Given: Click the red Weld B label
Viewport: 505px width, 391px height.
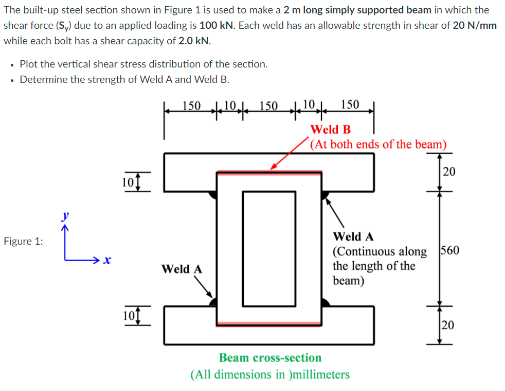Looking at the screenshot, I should pos(331,129).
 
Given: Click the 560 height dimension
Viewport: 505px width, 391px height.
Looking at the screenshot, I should pos(450,251).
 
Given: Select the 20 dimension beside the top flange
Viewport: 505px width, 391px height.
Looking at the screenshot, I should pos(448,172).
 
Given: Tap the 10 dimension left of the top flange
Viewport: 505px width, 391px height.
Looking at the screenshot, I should pos(129,182).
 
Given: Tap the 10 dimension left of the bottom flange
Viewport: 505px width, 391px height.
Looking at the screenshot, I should pos(129,315).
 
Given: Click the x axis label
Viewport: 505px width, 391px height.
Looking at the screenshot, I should pos(106,261).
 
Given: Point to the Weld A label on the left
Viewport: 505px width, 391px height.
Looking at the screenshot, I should pos(182,269).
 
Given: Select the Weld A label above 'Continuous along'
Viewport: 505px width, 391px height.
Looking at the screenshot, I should pos(353,237).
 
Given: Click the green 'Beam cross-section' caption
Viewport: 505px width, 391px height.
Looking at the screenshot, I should pos(270,358).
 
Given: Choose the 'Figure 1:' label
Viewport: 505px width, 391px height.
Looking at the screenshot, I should pos(23,242).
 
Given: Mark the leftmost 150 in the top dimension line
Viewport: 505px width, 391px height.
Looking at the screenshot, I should pos(191,106).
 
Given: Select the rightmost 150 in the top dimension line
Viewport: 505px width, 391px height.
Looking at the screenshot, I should pos(350,105).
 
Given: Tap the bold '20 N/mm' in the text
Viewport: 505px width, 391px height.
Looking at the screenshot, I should pos(475,25).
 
